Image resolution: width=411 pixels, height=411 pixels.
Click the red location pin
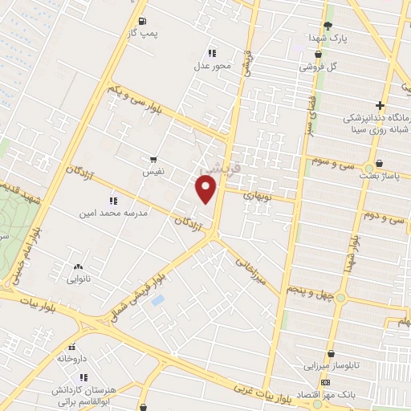[x=207, y=189]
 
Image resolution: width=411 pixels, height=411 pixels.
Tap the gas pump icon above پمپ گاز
[x=142, y=21]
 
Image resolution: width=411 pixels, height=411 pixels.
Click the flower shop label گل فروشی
[x=319, y=67]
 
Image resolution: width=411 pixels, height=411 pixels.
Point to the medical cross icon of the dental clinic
[x=379, y=106]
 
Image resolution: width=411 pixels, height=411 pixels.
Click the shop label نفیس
[x=153, y=172]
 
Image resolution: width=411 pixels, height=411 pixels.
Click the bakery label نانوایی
[x=78, y=281]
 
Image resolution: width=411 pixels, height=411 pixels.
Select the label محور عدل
[x=212, y=66]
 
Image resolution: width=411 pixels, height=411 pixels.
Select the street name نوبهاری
[x=258, y=195]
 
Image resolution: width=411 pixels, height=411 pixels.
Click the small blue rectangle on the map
[x=158, y=300]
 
